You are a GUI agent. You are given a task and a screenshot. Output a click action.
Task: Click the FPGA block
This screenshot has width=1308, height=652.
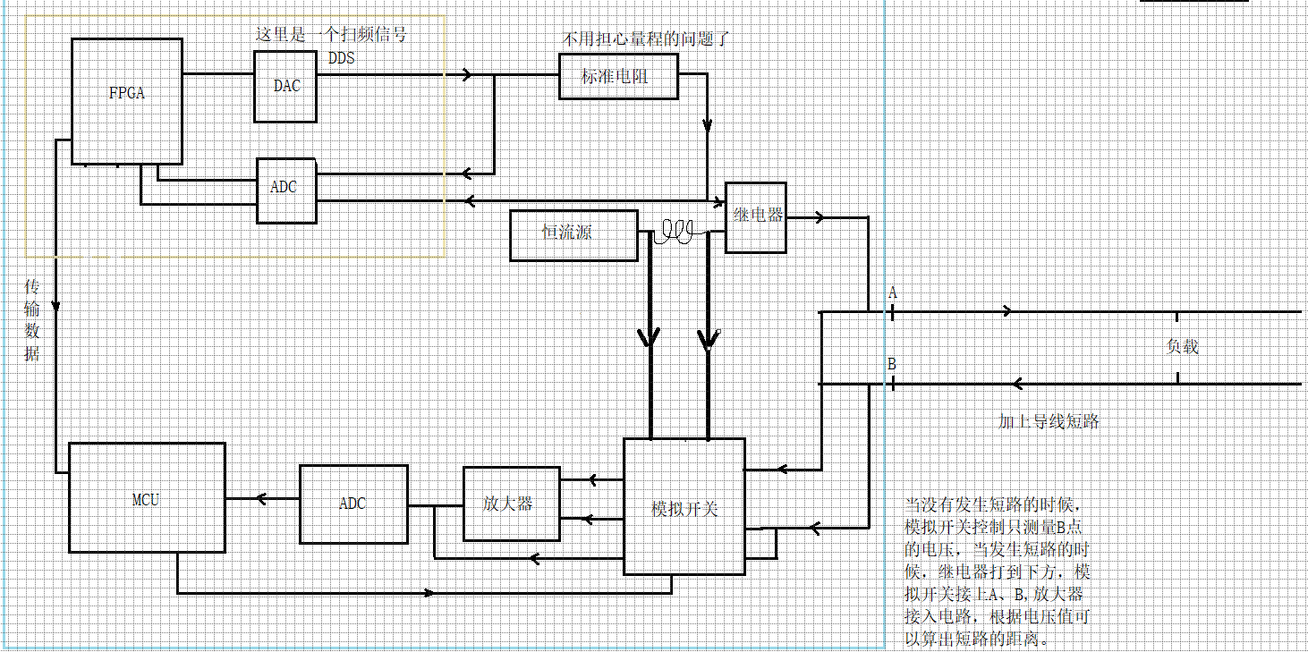pyautogui.click(x=127, y=101)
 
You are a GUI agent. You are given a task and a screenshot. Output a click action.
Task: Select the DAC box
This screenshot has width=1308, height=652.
pyautogui.click(x=285, y=86)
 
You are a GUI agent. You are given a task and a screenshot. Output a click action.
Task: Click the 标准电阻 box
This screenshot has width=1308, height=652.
pyautogui.click(x=617, y=76)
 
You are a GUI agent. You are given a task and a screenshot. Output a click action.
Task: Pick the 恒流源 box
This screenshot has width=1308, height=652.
pyautogui.click(x=573, y=234)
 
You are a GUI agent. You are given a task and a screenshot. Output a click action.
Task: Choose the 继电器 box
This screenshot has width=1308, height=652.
pyautogui.click(x=756, y=216)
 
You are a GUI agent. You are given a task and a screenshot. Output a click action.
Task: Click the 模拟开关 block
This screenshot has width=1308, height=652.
pyautogui.click(x=684, y=506)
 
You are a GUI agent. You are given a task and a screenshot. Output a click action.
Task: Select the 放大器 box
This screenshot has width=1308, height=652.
pyautogui.click(x=511, y=504)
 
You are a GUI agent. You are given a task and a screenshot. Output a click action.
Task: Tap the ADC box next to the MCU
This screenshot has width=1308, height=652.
pyautogui.click(x=353, y=504)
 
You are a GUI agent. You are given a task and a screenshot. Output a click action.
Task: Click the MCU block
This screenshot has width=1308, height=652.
pyautogui.click(x=147, y=498)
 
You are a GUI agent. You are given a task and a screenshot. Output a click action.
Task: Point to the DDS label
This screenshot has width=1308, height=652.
pyautogui.click(x=341, y=59)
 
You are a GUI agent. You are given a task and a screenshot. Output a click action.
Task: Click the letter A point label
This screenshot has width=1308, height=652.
pyautogui.click(x=892, y=292)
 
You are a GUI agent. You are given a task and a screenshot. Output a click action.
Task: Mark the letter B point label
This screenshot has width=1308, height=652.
pyautogui.click(x=892, y=364)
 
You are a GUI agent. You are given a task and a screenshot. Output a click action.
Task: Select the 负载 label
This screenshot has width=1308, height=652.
pyautogui.click(x=1182, y=347)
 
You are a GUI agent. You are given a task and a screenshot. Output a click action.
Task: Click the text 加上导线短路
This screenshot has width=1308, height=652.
pyautogui.click(x=1049, y=421)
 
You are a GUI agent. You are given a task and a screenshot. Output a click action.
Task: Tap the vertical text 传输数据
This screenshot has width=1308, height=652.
pyautogui.click(x=32, y=319)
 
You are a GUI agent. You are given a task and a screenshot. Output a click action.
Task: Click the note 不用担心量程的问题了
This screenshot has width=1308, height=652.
pyautogui.click(x=646, y=39)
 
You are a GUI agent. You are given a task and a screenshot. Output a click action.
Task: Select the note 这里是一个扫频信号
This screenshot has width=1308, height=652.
pyautogui.click(x=331, y=35)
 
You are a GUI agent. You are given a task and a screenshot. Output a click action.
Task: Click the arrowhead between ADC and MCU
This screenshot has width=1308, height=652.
pyautogui.click(x=262, y=499)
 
